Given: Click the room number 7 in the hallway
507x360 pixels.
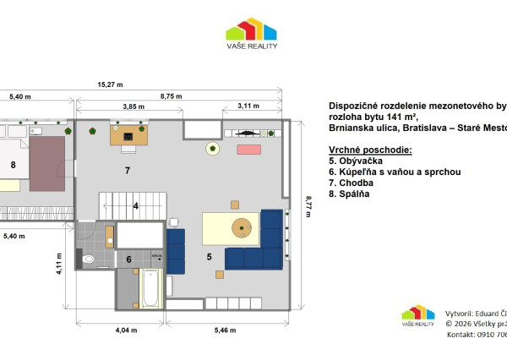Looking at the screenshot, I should [x=127, y=171].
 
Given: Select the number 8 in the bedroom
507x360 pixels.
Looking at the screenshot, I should [x=14, y=164].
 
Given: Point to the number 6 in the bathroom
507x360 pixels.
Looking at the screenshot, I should [x=129, y=259].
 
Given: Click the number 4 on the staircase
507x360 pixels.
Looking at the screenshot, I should [x=135, y=205].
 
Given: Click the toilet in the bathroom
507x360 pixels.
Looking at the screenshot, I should [x=89, y=259].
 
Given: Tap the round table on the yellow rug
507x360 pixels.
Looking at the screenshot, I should [x=243, y=227].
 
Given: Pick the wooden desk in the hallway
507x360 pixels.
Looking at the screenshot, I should [x=128, y=135].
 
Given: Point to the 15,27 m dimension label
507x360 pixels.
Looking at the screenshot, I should [x=110, y=85].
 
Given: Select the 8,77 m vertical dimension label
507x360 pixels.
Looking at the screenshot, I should [x=307, y=205].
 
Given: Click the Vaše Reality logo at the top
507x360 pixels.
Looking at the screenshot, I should [x=251, y=35].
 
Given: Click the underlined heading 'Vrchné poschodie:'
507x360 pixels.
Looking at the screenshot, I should [x=369, y=149].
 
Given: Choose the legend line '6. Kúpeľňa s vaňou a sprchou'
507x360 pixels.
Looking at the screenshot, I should [x=394, y=172].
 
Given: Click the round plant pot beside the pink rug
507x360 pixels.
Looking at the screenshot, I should [x=212, y=150].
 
